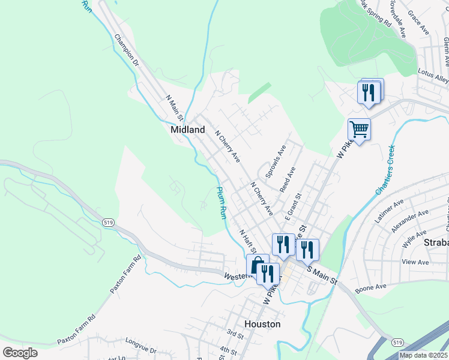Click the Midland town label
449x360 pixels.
tap(188, 130)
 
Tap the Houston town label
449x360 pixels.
tap(262, 324)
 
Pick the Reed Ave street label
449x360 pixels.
tap(288, 179)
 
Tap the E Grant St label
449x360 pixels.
tap(292, 205)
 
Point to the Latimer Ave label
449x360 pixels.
tap(389, 212)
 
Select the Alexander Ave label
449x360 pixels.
tap(409, 221)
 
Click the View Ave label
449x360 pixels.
tap(415, 262)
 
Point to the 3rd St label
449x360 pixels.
tap(235, 332)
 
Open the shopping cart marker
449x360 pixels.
tap(359, 128)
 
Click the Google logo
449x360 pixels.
tap(20, 353)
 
